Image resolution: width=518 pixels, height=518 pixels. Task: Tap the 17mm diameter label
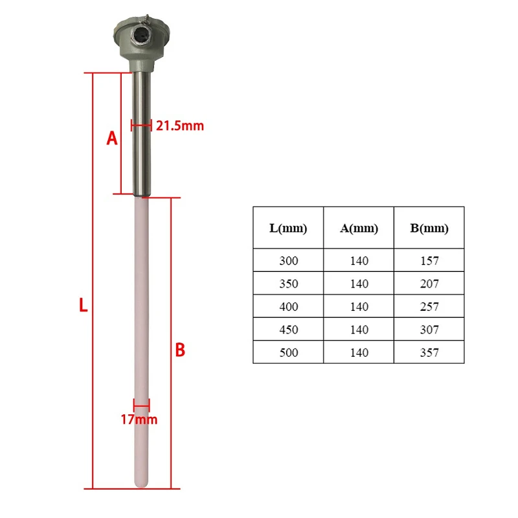pos(139,420)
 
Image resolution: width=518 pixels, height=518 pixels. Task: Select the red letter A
pos(111,139)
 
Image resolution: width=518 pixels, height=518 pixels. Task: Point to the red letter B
pos(181,350)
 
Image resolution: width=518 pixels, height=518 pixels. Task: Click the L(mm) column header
pos(288,228)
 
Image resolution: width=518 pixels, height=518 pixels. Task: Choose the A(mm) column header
pos(359,228)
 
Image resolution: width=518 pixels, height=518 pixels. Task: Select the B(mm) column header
pos(429,228)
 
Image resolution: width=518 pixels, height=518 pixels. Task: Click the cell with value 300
pos(288,261)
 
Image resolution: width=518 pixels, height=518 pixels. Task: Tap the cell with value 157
pos(429,261)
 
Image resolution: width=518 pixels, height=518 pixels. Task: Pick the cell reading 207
pos(429,284)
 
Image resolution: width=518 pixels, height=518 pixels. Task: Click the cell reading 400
pos(288,306)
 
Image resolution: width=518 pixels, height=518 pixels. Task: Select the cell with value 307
pos(429,330)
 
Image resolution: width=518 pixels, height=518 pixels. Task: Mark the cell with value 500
pos(288,352)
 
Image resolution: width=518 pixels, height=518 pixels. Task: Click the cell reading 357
pos(429,352)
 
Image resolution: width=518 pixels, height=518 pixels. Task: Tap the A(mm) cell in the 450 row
pos(359,330)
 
